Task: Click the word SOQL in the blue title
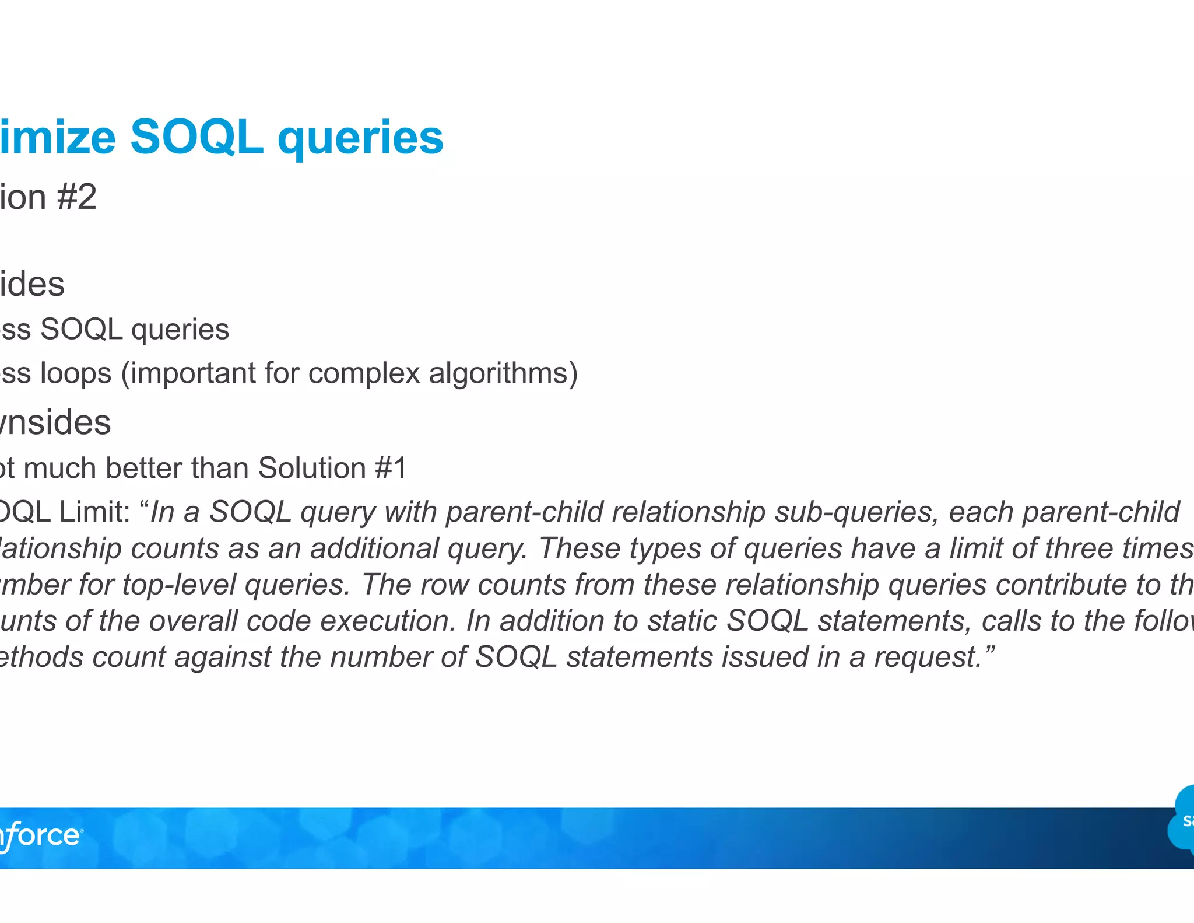pos(196,138)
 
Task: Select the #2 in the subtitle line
pos(76,197)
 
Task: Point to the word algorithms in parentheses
pos(499,373)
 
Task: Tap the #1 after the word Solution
pos(391,468)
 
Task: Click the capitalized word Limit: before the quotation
pos(94,512)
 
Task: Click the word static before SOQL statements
pos(682,621)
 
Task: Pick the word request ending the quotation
pos(928,658)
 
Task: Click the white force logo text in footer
pos(41,836)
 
